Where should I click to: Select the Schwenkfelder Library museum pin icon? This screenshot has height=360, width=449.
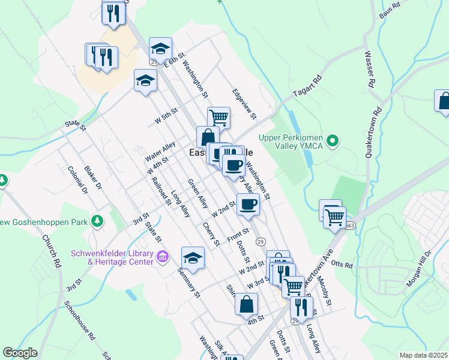pos(162,257)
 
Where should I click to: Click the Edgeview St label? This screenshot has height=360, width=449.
pos(244,104)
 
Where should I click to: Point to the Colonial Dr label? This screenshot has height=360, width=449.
pos(78,180)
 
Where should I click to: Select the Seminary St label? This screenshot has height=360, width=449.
pos(187,278)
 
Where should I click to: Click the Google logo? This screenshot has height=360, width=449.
pos(20,353)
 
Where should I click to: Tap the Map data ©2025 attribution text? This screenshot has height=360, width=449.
pos(423,355)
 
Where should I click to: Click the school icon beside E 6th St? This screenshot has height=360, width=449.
pos(160,48)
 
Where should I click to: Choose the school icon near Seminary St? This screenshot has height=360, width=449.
pos(193,257)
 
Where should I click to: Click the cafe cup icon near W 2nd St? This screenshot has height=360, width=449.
pos(247,204)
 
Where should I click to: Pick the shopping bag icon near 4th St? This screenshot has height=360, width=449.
pos(246,303)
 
